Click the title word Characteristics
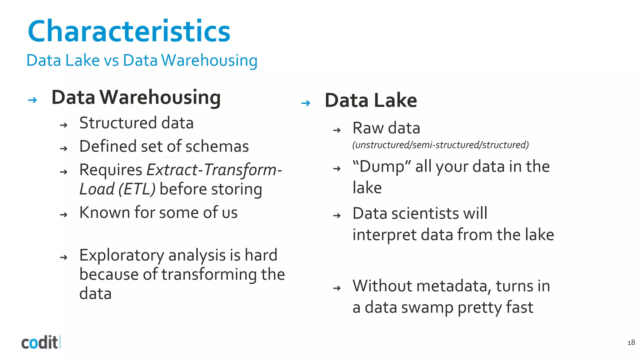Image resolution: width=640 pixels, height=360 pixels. click(x=129, y=31)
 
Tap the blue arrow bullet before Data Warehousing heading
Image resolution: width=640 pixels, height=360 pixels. click(x=32, y=100)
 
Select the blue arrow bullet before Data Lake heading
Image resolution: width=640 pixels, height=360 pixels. click(x=306, y=103)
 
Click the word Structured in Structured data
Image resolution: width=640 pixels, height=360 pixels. click(x=118, y=123)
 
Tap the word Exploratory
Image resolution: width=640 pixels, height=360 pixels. click(x=122, y=255)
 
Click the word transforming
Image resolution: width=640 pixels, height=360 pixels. click(x=209, y=274)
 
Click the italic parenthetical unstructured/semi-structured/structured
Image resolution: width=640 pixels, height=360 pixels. click(x=440, y=145)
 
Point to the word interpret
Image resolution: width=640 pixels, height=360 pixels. click(x=384, y=235)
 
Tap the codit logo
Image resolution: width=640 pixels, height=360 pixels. click(x=40, y=342)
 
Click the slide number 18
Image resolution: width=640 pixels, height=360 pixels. click(x=631, y=342)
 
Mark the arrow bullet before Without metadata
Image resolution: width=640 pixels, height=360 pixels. click(x=337, y=288)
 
